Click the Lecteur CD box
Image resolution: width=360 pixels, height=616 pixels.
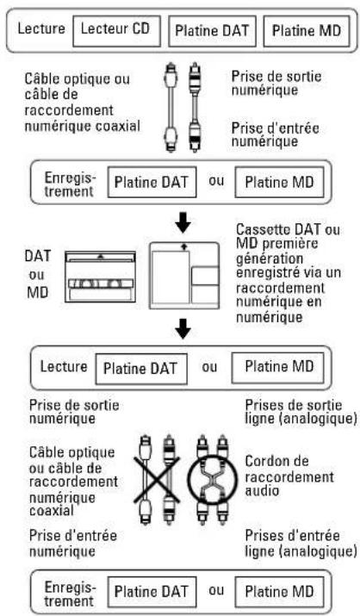[116, 31]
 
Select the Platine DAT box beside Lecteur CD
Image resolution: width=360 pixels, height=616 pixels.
[212, 31]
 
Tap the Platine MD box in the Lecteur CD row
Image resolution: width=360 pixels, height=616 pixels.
[307, 31]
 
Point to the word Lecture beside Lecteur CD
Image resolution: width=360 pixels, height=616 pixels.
[41, 28]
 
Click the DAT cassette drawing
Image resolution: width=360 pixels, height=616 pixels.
[101, 277]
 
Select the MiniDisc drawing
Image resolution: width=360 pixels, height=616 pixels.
[184, 276]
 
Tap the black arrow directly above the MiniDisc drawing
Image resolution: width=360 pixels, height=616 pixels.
[183, 225]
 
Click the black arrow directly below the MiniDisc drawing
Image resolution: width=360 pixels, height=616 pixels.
[183, 328]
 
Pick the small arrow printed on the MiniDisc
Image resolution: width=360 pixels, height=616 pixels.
[183, 246]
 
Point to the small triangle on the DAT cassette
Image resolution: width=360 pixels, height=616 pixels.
[101, 257]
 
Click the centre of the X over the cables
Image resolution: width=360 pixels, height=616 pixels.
[157, 479]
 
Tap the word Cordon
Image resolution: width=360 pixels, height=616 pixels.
[276, 461]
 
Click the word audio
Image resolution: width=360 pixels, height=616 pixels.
[262, 490]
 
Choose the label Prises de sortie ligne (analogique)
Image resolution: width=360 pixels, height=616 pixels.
[301, 411]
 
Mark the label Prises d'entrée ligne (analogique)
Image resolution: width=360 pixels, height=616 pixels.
[301, 544]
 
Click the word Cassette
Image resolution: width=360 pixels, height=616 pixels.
[264, 229]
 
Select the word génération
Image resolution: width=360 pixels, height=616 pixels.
[270, 259]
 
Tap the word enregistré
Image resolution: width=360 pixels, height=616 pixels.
[269, 273]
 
